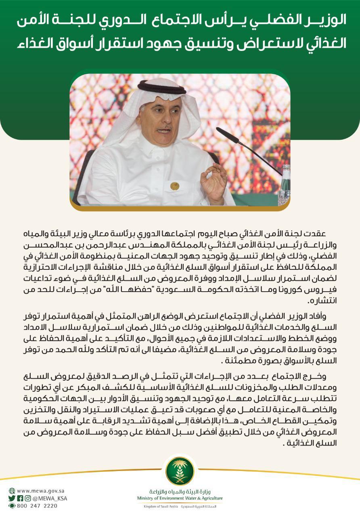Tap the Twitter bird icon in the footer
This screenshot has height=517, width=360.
tap(12, 498)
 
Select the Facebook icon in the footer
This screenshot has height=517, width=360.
tap(20, 498)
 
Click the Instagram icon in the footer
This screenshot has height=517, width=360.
tap(27, 498)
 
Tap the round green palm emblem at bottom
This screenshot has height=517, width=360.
tap(180, 471)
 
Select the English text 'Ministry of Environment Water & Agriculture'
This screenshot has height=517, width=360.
tap(180, 498)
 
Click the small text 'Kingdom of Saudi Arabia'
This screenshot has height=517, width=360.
tap(161, 506)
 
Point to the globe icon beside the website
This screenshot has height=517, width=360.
tap(12, 490)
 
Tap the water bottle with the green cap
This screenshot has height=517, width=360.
tap(285, 182)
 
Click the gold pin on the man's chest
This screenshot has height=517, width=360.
tap(174, 186)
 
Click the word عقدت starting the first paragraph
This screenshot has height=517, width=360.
tap(316, 234)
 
